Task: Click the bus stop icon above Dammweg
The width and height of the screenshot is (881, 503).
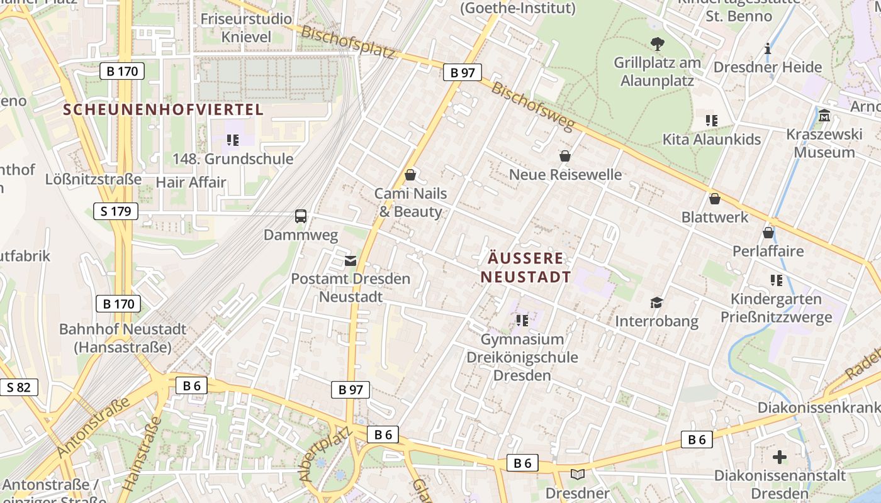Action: coord(301,216)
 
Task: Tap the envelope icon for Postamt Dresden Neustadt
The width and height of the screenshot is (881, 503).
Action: coord(350,260)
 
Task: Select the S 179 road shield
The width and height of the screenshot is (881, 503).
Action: coord(116,211)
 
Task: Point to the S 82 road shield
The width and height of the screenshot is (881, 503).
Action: coord(18,387)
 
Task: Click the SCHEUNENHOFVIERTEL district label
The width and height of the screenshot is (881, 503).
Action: coord(163,109)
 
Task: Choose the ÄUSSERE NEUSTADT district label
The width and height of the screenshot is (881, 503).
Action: coord(525,267)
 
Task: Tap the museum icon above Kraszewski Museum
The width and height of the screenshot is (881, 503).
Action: coord(824,116)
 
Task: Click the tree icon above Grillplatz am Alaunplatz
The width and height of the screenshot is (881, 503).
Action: coord(657,44)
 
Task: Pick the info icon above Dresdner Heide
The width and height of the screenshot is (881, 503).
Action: coord(767,48)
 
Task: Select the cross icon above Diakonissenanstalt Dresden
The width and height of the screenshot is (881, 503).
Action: coord(780,456)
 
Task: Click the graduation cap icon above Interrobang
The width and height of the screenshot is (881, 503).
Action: coord(656,303)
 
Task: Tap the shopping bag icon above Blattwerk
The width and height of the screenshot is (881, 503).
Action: coord(715,199)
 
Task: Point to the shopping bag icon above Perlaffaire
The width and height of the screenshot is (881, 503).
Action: coord(768,233)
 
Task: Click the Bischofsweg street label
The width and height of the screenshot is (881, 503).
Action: coord(533,107)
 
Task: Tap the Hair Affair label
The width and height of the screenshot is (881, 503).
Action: coord(190,182)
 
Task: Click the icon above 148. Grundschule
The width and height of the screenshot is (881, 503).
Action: coord(233,140)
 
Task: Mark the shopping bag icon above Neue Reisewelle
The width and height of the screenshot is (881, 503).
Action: coord(565,156)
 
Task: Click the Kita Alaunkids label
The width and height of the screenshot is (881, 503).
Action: coord(712,140)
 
